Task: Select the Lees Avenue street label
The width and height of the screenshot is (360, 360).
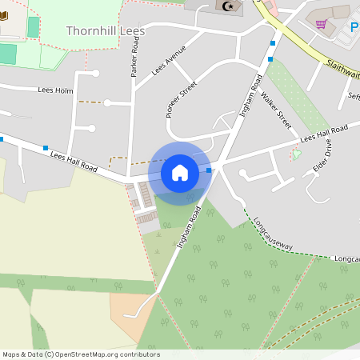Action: [x=168, y=60]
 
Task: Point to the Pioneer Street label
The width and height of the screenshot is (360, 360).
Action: [x=181, y=99]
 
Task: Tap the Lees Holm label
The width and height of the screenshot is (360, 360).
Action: [x=55, y=90]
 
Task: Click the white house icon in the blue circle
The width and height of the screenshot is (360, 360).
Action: [x=180, y=172]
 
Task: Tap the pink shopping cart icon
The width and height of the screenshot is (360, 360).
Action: [x=322, y=25]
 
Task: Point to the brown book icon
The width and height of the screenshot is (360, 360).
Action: [x=5, y=16]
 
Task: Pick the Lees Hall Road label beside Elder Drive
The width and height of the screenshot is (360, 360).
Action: [x=324, y=134]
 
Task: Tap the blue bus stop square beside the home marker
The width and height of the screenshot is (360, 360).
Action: [x=209, y=170]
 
